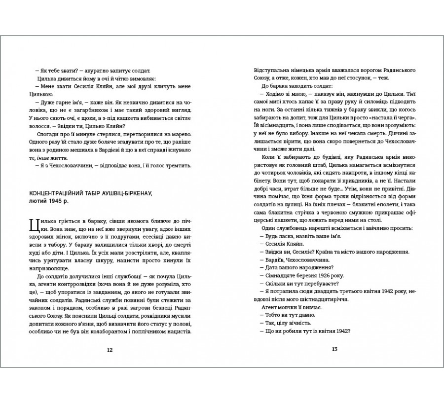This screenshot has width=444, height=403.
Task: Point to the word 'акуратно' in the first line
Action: (84, 71)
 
